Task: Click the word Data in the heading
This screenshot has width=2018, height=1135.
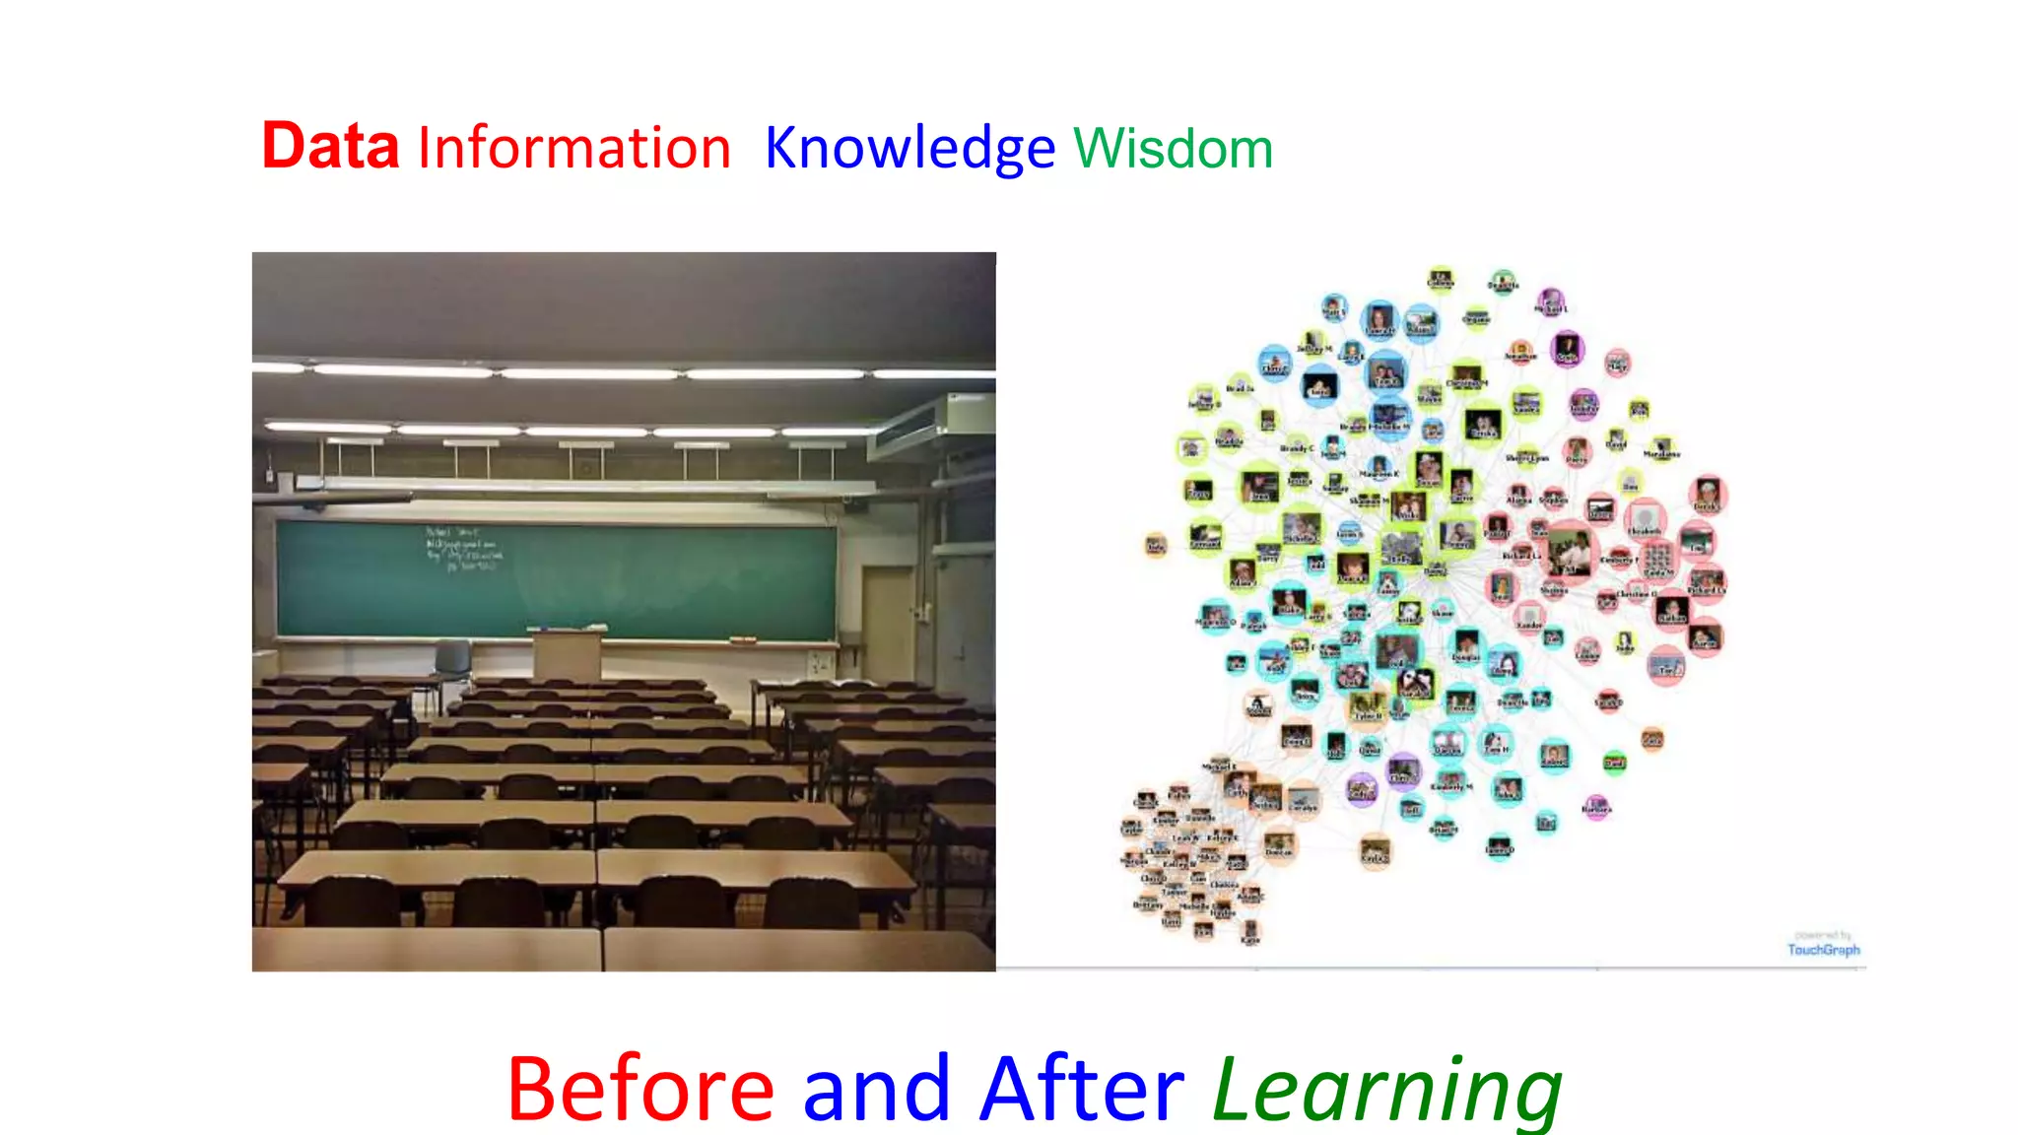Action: (x=330, y=147)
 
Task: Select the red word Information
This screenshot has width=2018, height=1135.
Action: (x=573, y=149)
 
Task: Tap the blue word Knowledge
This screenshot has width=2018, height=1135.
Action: (x=909, y=150)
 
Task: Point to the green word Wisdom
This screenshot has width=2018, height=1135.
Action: (x=1173, y=150)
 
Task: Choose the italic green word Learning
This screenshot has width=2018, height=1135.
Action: (x=1386, y=1091)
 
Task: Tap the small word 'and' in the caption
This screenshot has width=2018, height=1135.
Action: (x=876, y=1091)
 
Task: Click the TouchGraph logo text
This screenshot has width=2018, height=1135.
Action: (x=1824, y=950)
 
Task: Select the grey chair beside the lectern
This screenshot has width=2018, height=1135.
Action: (x=452, y=659)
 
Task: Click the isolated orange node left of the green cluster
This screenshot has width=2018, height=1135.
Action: (x=1156, y=545)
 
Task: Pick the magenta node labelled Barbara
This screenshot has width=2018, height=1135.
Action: (x=1596, y=807)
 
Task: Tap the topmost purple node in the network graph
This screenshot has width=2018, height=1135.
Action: (x=1551, y=300)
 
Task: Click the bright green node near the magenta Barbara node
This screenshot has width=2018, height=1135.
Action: (x=1614, y=762)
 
